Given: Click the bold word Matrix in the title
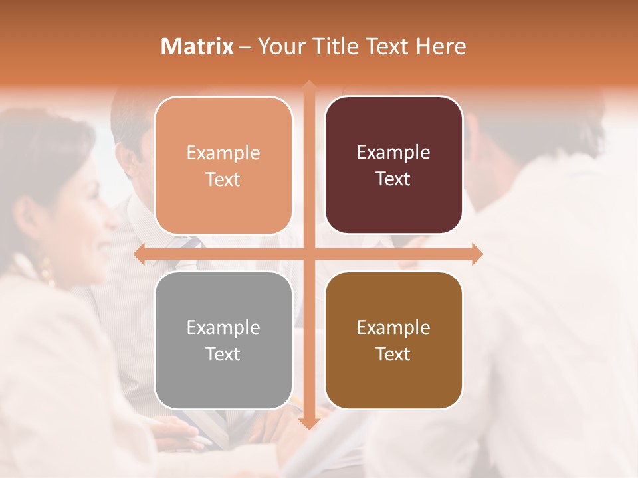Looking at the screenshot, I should pyautogui.click(x=197, y=46).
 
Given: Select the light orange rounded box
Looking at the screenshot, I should pyautogui.click(x=223, y=165).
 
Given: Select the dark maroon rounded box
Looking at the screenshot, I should pyautogui.click(x=393, y=165).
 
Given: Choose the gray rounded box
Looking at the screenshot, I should pyautogui.click(x=223, y=340).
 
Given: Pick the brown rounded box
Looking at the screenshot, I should pyautogui.click(x=393, y=340).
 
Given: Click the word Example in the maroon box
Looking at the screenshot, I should pyautogui.click(x=393, y=153).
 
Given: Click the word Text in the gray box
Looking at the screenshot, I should pyautogui.click(x=223, y=354).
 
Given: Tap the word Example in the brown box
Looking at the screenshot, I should pyautogui.click(x=393, y=327).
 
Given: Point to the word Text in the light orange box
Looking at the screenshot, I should pyautogui.click(x=223, y=179).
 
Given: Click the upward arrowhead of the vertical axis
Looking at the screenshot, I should pyautogui.click(x=308, y=85).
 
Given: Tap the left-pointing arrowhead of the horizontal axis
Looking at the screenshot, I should pyautogui.click(x=138, y=254).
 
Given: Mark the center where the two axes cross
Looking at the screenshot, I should pyautogui.click(x=308, y=254).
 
